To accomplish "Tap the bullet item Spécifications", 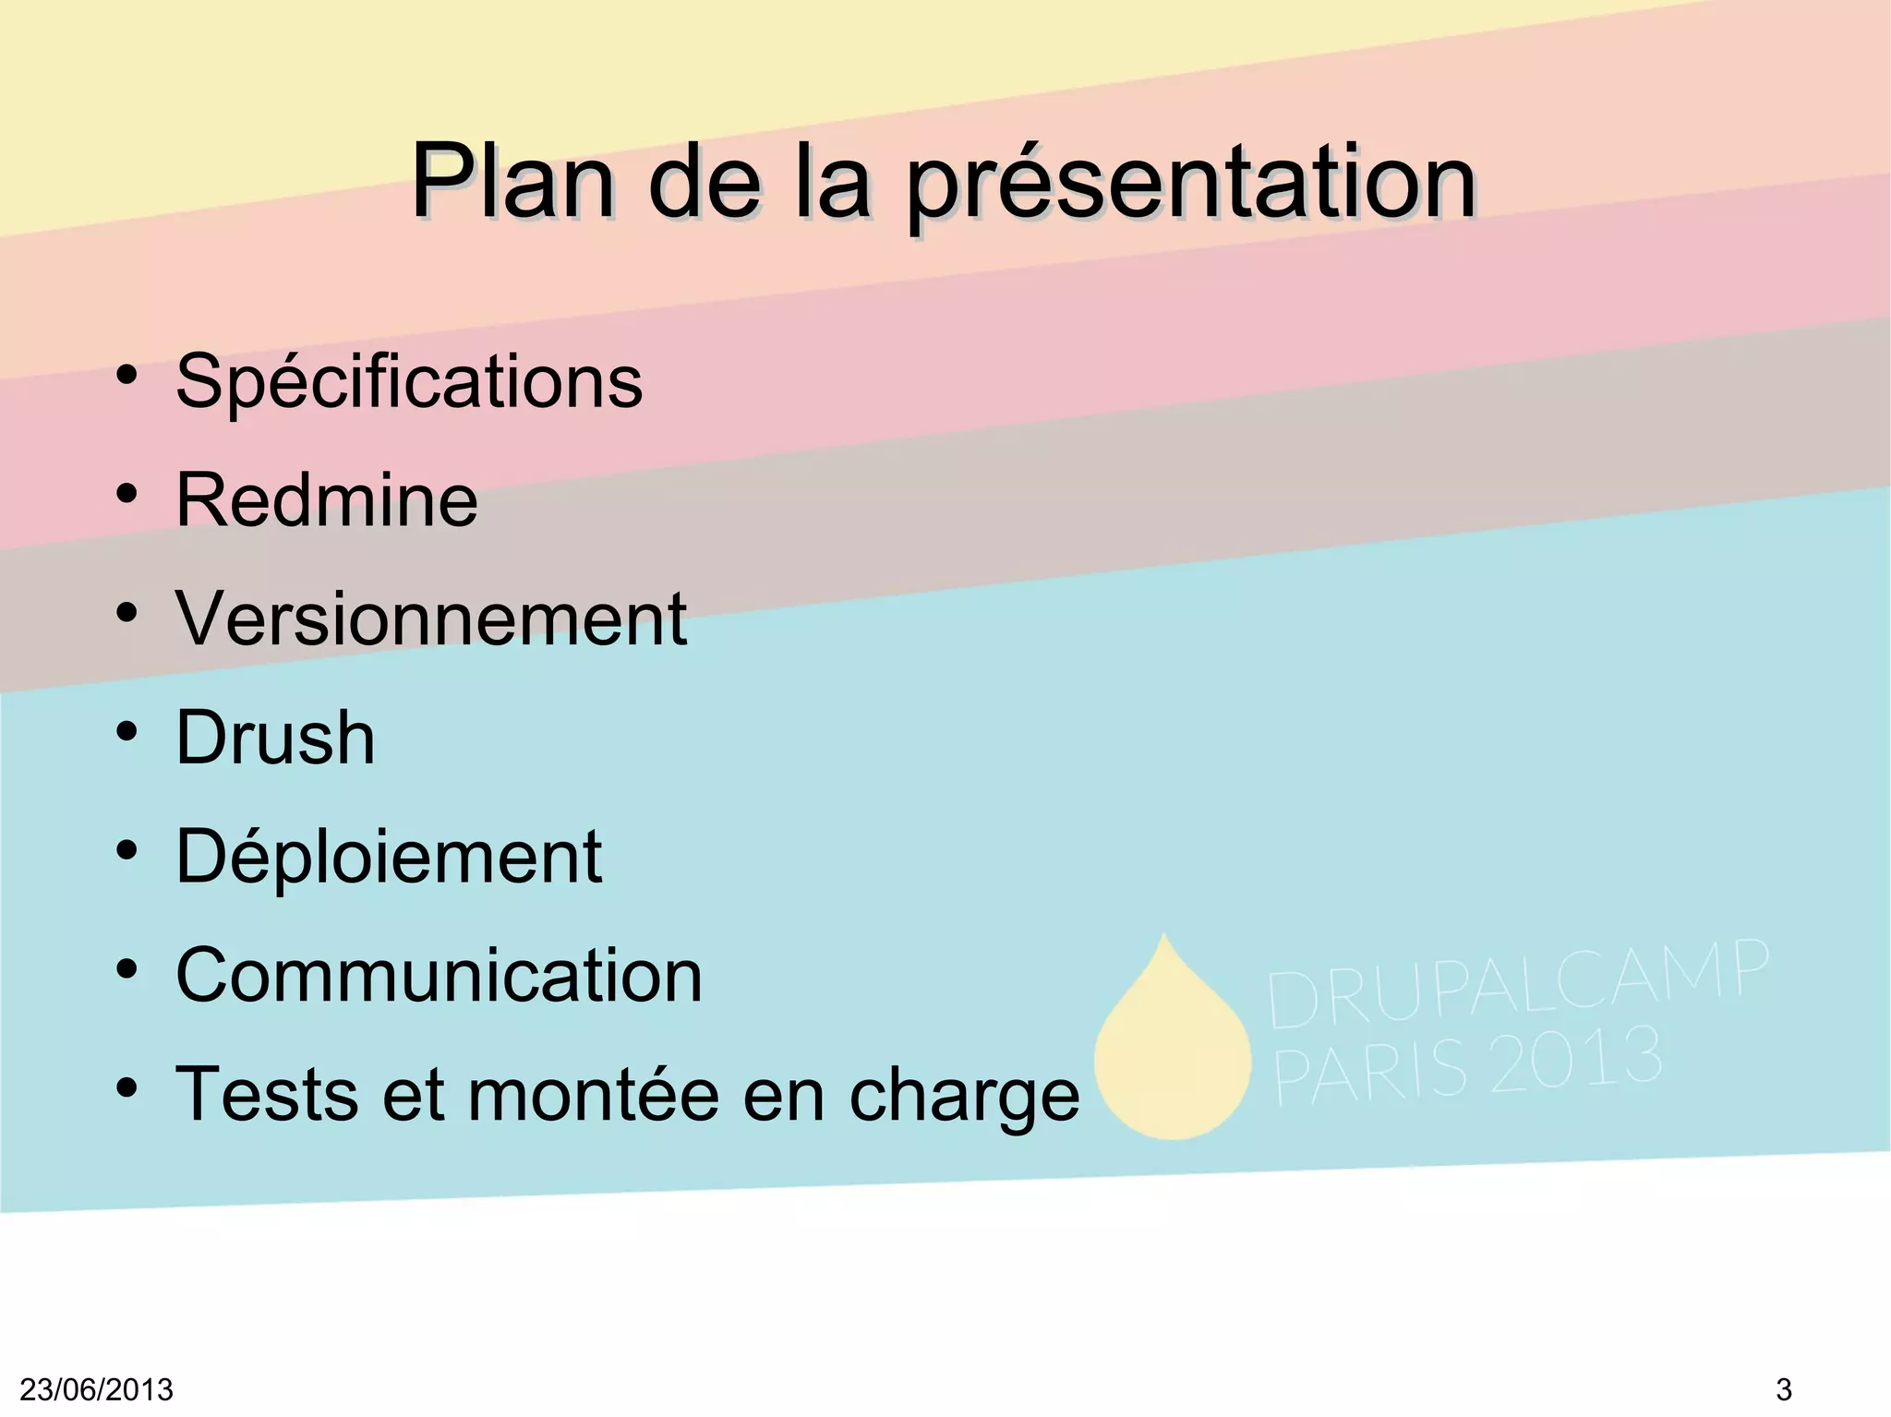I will [408, 382].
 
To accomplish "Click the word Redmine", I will [327, 500].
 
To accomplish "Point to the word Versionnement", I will [431, 618].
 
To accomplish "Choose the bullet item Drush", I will [275, 738].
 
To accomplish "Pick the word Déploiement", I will [389, 857].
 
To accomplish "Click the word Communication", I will [439, 976].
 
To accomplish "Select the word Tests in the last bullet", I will [266, 1095].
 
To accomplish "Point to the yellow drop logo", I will [1172, 1048].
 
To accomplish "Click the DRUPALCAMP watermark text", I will [1517, 984].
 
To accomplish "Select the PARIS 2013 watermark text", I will [1468, 1063].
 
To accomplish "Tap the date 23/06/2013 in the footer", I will [96, 1389].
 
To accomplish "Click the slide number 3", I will [1783, 1389].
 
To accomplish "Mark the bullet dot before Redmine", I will [126, 494].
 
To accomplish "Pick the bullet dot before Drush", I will [126, 731].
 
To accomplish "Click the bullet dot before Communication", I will [126, 969].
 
